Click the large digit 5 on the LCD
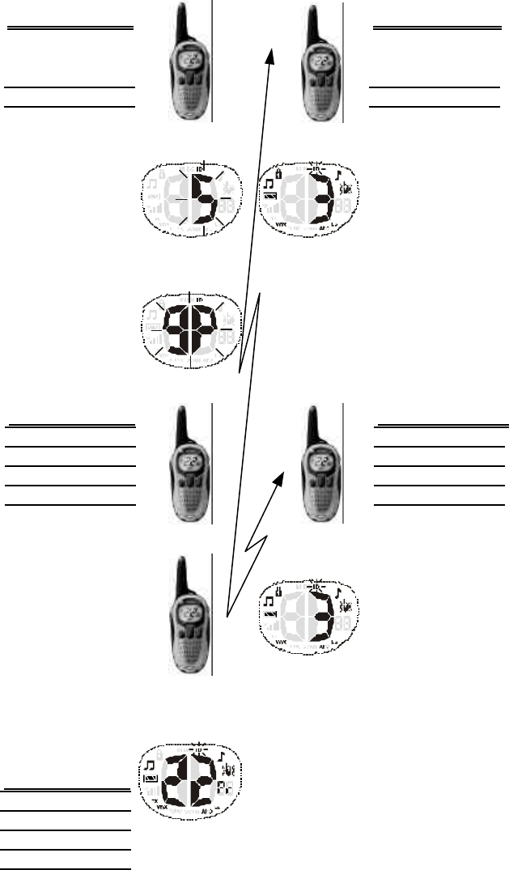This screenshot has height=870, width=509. [x=206, y=201]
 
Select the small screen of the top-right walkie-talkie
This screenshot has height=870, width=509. [x=323, y=61]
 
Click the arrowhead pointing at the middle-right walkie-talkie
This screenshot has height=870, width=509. [x=282, y=479]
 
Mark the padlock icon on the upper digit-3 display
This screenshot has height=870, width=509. [x=279, y=174]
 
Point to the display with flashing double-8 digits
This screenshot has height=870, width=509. [x=191, y=331]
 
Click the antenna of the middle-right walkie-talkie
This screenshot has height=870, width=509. [x=311, y=425]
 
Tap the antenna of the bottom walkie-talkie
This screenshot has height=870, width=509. [x=180, y=576]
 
